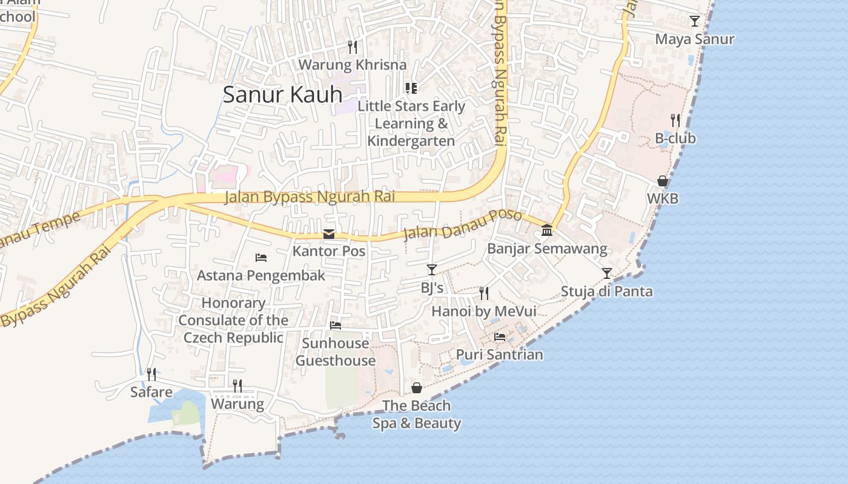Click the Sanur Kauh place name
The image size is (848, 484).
coord(282,94)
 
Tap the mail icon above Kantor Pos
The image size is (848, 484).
coord(329,234)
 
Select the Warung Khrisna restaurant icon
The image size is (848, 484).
coord(353,47)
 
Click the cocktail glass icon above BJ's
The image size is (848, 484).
coord(431,270)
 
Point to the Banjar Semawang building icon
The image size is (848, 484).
coord(547,231)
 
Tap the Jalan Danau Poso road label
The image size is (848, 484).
coord(462,224)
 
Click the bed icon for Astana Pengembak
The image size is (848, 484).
coord(261,258)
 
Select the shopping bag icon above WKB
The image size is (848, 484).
coord(663,181)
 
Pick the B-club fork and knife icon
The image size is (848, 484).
coord(675,120)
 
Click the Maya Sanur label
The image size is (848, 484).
coord(695,39)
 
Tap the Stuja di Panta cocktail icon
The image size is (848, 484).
coord(607,273)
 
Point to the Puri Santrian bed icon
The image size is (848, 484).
coord(500,337)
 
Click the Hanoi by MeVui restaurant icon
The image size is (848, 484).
coord(483,293)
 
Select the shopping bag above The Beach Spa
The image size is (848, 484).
coord(417,388)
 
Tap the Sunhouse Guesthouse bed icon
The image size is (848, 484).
coord(336,325)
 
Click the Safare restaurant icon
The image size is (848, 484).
coord(151,374)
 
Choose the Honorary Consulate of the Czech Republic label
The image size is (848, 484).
coord(233,320)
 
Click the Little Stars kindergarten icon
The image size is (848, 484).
coord(411,89)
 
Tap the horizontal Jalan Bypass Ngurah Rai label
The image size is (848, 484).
coord(309,197)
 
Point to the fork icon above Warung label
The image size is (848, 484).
coord(237,386)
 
